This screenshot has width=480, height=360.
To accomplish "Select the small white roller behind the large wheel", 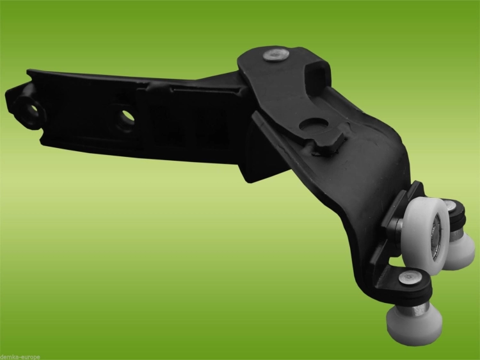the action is click(x=461, y=250).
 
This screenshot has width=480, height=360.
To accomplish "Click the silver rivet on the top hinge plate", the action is click(x=276, y=55).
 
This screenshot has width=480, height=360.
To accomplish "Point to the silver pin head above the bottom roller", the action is click(x=410, y=278).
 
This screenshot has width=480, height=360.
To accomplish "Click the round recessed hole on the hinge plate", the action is click(x=314, y=126).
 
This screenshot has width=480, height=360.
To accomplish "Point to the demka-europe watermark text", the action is click(x=20, y=357).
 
